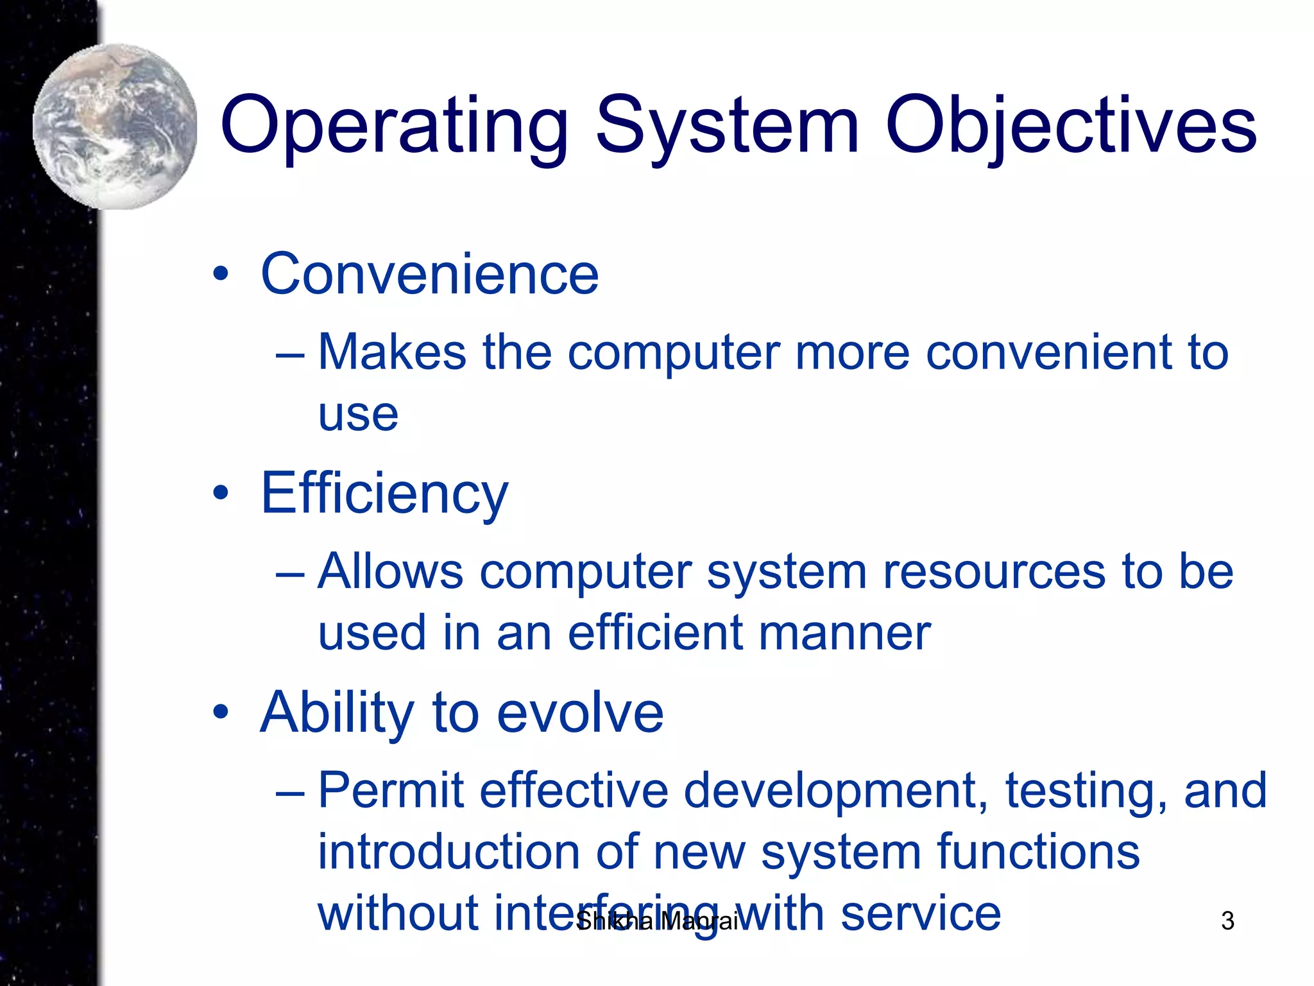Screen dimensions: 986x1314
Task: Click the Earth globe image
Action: coord(115,126)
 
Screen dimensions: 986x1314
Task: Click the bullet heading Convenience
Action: coord(429,274)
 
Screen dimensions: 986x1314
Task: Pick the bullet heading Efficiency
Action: coord(384,493)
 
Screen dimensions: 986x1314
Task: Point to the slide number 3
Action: coord(1227,921)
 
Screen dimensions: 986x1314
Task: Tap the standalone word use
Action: coord(358,414)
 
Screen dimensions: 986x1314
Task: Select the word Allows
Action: coord(390,571)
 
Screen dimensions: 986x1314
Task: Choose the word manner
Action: coord(844,633)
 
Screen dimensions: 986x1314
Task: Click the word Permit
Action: coord(390,790)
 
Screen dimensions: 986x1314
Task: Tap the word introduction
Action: coord(448,852)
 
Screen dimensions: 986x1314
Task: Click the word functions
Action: coord(1037,852)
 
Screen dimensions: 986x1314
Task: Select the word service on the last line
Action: coord(920,913)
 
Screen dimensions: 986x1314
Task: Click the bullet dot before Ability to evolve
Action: coord(221,712)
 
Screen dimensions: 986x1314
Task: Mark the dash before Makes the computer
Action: coord(290,354)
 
